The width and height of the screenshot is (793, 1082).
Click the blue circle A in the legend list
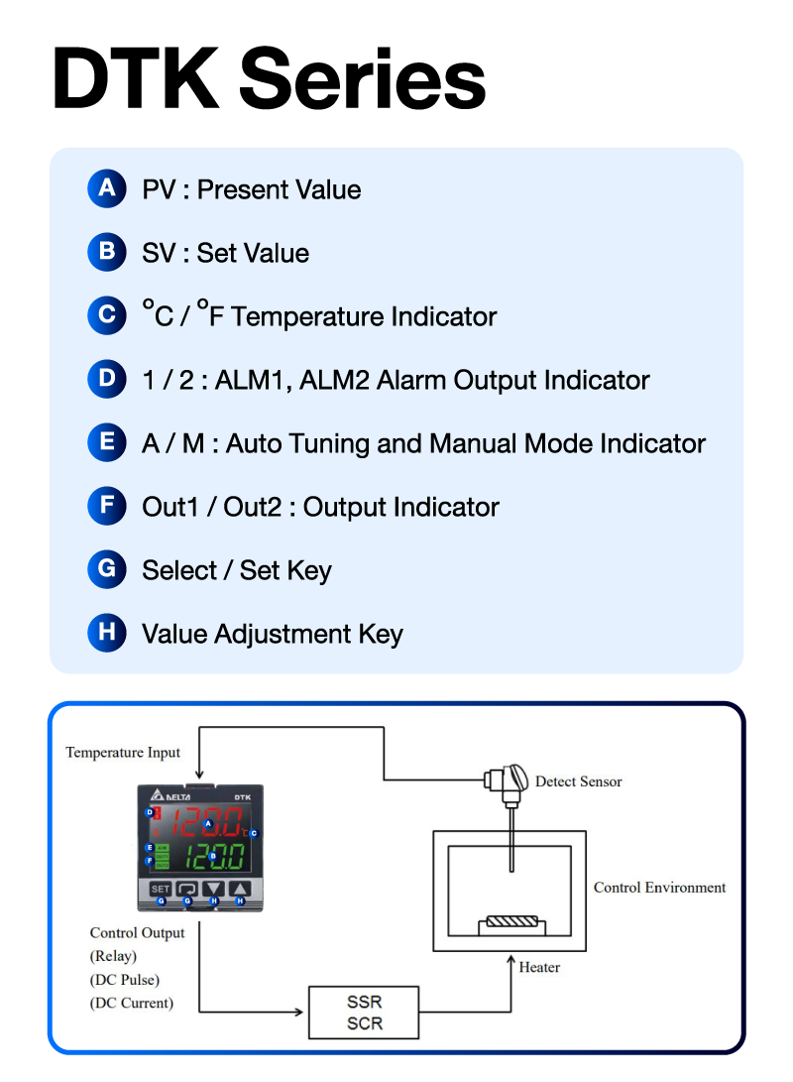pyautogui.click(x=106, y=188)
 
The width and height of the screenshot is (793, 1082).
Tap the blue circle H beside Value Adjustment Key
pyautogui.click(x=106, y=633)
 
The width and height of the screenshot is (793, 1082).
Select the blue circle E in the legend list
pyautogui.click(x=106, y=442)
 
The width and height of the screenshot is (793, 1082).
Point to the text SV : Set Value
pyautogui.click(x=225, y=253)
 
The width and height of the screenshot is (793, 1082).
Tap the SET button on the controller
pyautogui.click(x=160, y=890)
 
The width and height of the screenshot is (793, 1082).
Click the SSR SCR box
pyautogui.click(x=365, y=1012)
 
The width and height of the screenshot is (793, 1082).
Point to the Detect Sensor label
pyautogui.click(x=578, y=781)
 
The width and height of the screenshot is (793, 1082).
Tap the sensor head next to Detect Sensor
pyautogui.click(x=505, y=784)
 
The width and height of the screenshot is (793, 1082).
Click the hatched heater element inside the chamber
pyautogui.click(x=510, y=920)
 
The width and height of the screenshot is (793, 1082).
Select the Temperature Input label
pyautogui.click(x=123, y=752)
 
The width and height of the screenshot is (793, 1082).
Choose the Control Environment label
pyautogui.click(x=659, y=887)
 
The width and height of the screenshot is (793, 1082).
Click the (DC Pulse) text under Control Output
pyautogui.click(x=125, y=980)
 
